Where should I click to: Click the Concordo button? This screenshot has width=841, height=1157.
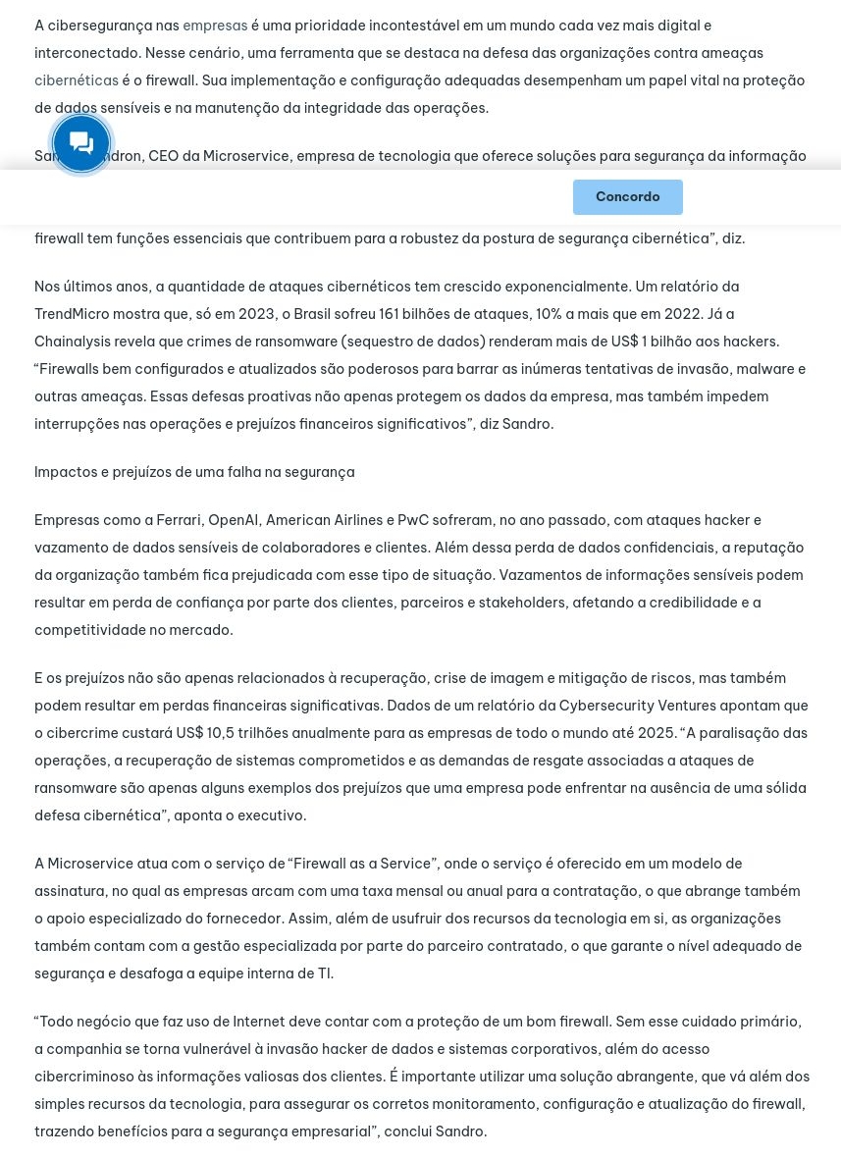pyautogui.click(x=627, y=197)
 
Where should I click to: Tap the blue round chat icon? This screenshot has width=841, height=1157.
pyautogui.click(x=81, y=143)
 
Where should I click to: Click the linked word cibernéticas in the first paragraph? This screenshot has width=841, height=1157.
pyautogui.click(x=77, y=80)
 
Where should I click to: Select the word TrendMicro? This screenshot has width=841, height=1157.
pyautogui.click(x=75, y=314)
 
